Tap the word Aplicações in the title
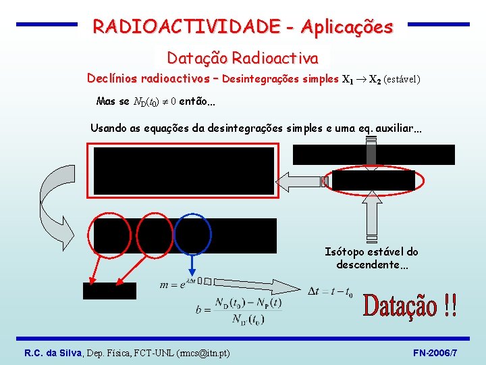click(346, 27)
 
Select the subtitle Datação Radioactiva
click(242, 58)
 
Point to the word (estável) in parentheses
click(402, 79)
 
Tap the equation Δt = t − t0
click(330, 292)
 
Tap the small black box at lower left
click(109, 291)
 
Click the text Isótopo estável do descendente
click(371, 258)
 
